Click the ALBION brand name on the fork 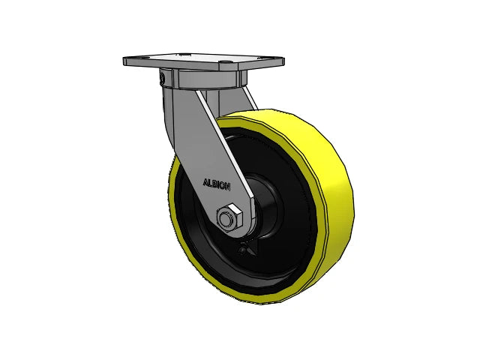coord(217,183)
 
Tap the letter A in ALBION coord(205,181)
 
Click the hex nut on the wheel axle coord(228,217)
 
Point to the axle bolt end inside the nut coord(225,218)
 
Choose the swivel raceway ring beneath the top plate coord(199,80)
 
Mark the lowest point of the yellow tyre coord(251,301)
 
